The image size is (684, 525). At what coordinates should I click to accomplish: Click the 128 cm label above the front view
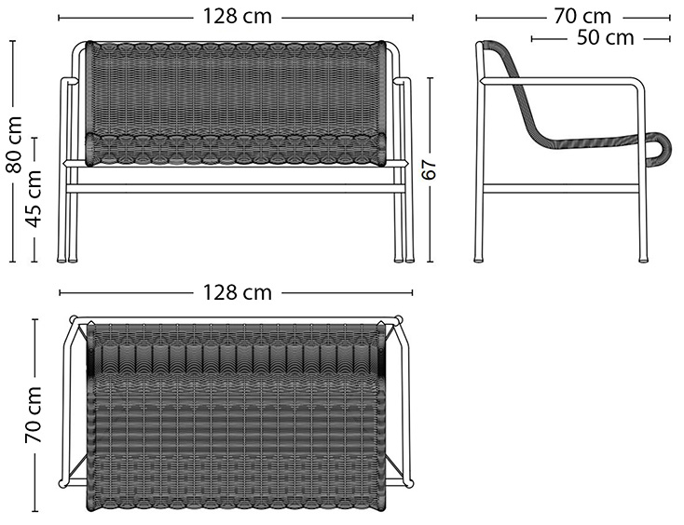[x=238, y=17]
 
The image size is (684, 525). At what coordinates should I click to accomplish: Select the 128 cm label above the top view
[x=238, y=292]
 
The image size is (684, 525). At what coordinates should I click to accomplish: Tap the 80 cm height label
[x=14, y=144]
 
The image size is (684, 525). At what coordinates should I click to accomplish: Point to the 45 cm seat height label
[x=34, y=198]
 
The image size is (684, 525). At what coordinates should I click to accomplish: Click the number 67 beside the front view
[x=430, y=169]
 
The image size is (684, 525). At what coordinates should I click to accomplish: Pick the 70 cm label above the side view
[x=582, y=17]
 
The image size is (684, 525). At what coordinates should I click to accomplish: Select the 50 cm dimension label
[x=605, y=38]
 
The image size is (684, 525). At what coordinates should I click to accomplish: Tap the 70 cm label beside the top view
[x=34, y=414]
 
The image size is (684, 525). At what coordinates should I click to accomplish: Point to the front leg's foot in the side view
[x=643, y=260]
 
